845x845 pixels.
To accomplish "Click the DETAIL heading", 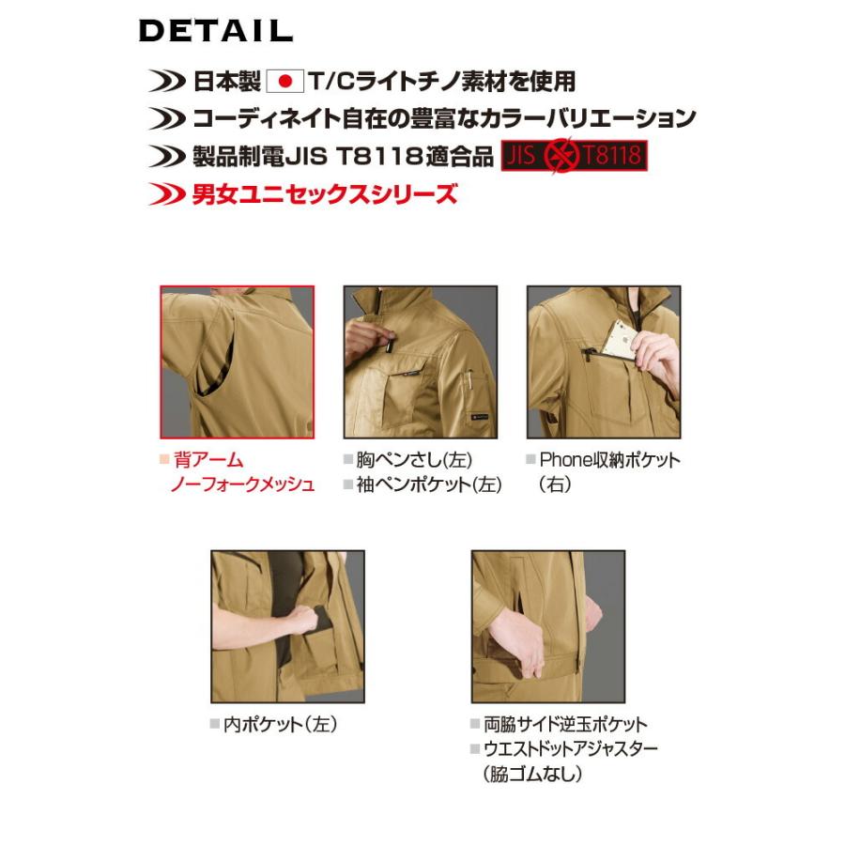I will tap(216, 31).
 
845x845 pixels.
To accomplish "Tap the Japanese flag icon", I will tap(286, 82).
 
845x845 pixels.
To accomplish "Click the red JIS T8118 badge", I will tap(576, 156).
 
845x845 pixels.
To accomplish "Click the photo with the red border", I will tap(237, 362).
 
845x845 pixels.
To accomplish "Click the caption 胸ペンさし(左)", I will tap(413, 460).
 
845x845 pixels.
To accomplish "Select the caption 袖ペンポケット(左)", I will tap(428, 484).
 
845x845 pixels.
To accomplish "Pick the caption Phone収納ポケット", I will tap(608, 460).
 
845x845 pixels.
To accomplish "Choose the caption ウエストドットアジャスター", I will tap(570, 749).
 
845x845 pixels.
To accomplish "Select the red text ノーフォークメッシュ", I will tap(241, 484).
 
